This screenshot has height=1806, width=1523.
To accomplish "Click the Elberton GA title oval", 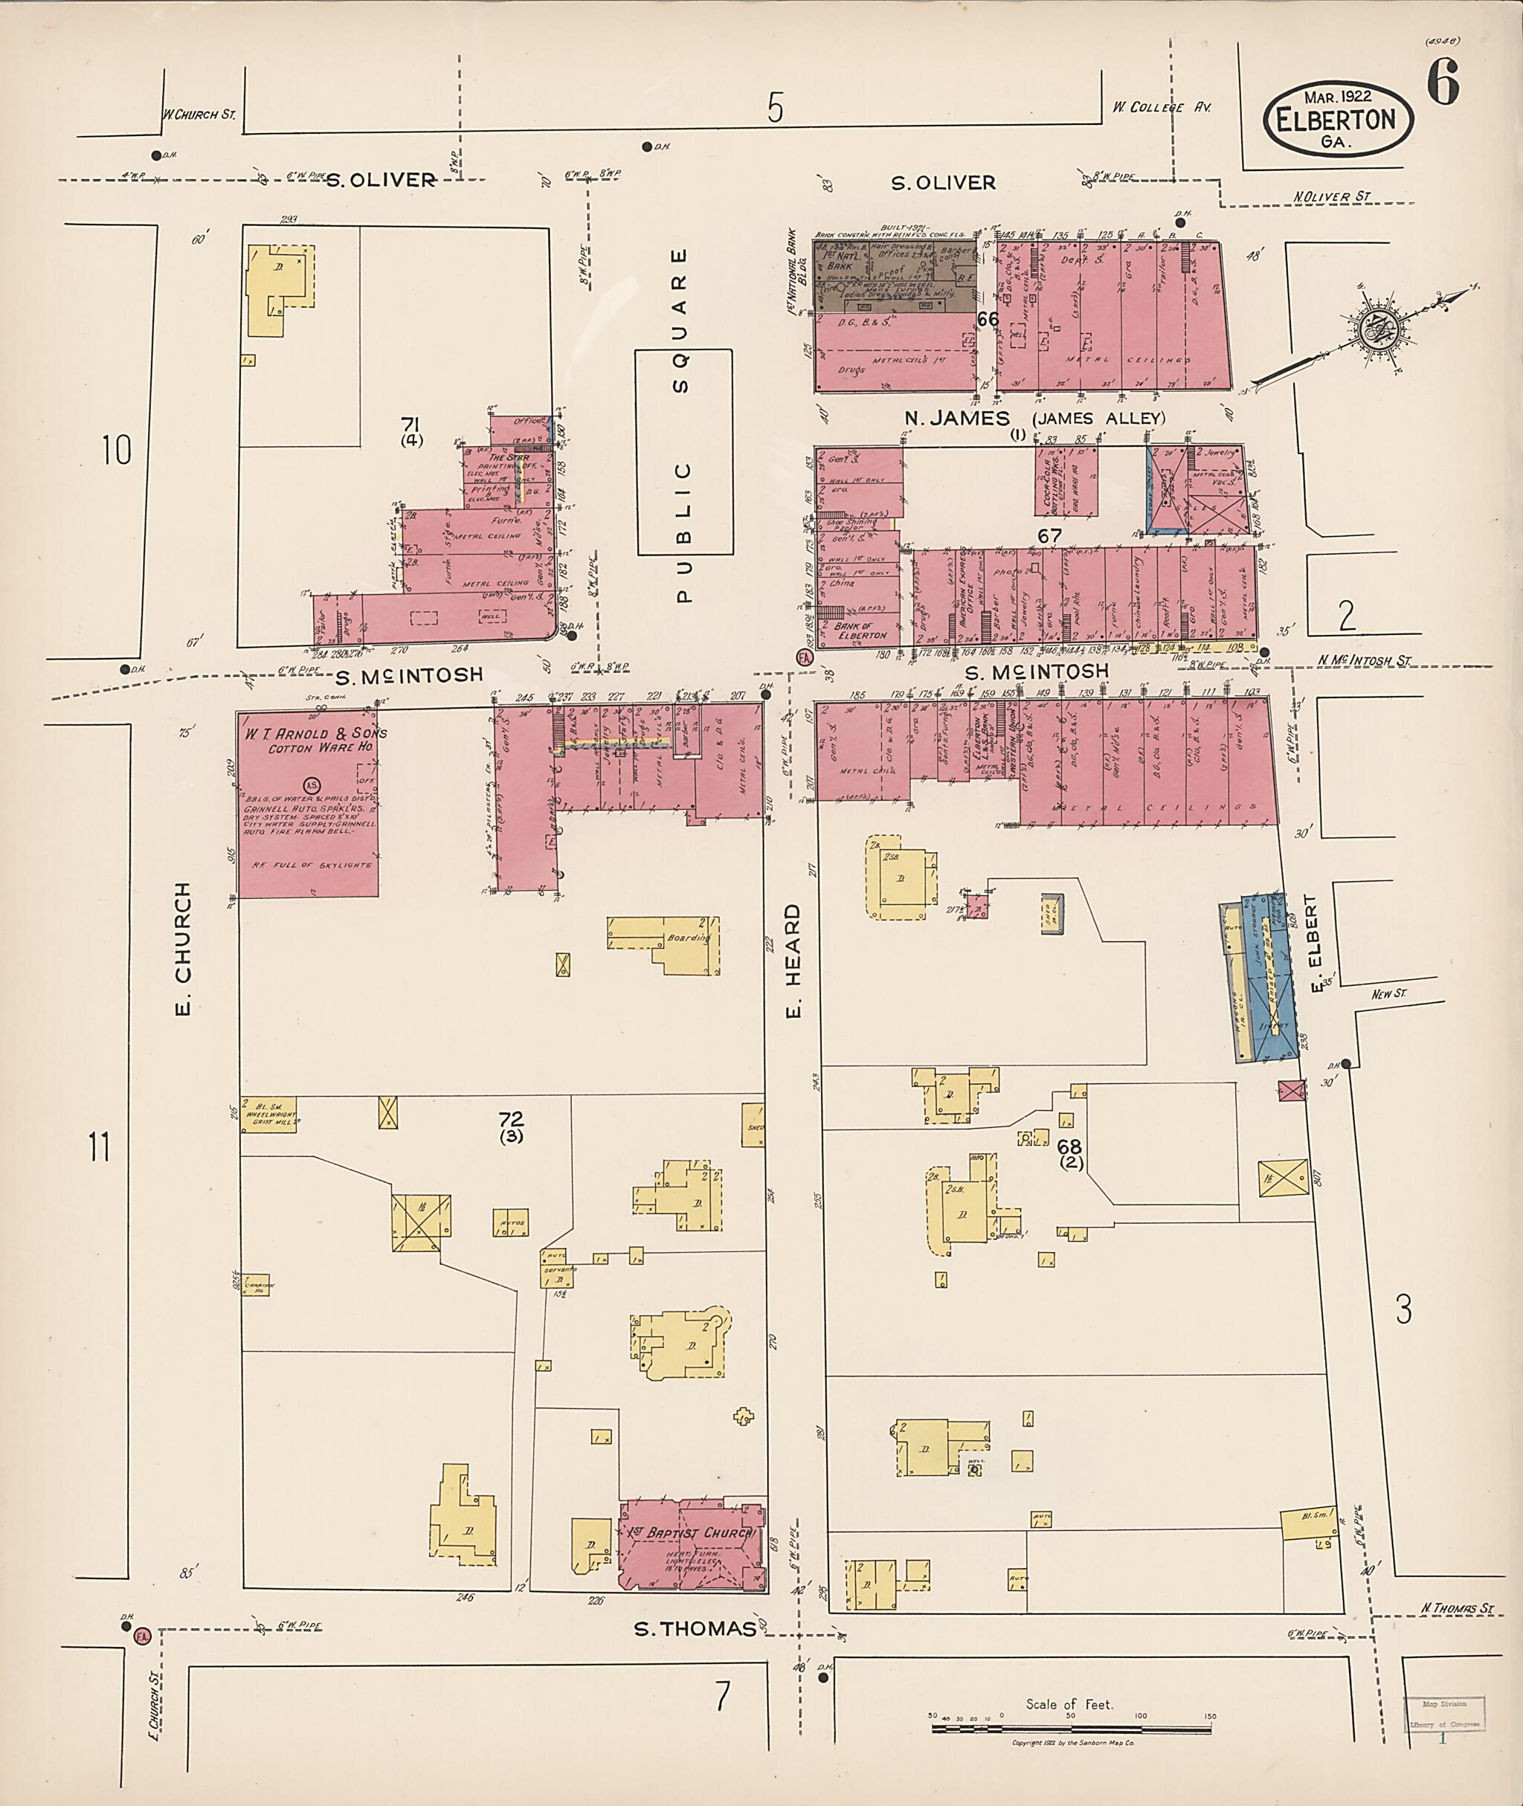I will tap(1339, 121).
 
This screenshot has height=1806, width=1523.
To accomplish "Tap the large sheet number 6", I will tap(1443, 84).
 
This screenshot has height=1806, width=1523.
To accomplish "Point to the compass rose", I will tap(1371, 329).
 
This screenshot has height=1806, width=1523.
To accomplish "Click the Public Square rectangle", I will tap(684, 451).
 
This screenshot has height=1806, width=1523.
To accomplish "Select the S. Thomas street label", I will tap(695, 1628).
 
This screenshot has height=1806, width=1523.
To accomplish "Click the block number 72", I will tap(510, 1120).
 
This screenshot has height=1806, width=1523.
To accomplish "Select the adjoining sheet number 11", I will tap(100, 1149).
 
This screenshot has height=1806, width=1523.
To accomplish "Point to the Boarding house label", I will tap(688, 938).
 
